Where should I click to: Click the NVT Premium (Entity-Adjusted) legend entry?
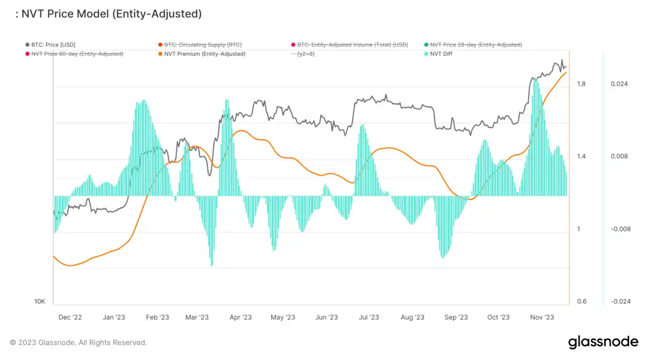(x=201, y=54)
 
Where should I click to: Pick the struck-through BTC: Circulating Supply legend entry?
(x=203, y=44)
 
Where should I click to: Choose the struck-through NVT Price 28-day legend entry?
(x=475, y=44)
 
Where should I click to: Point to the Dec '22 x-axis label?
(x=70, y=317)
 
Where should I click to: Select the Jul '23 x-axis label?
(x=368, y=317)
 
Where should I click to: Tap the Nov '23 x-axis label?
(x=541, y=317)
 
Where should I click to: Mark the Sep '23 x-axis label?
(x=456, y=317)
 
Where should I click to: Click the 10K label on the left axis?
(x=39, y=301)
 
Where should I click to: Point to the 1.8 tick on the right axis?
(x=581, y=84)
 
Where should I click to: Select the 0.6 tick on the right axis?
(x=581, y=301)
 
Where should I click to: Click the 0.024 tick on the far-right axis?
(x=619, y=84)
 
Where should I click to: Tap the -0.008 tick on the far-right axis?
(x=619, y=229)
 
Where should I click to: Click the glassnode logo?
(x=603, y=342)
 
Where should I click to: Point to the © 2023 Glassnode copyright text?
(x=78, y=343)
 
